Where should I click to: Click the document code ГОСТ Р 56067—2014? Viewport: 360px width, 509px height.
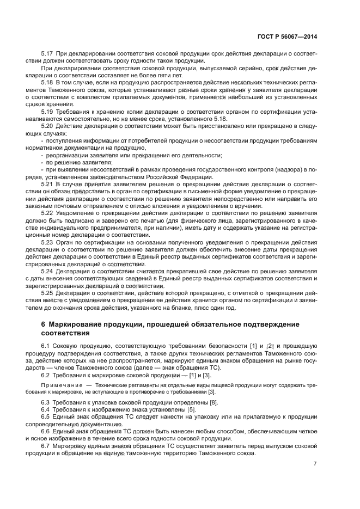pos(287,36)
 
